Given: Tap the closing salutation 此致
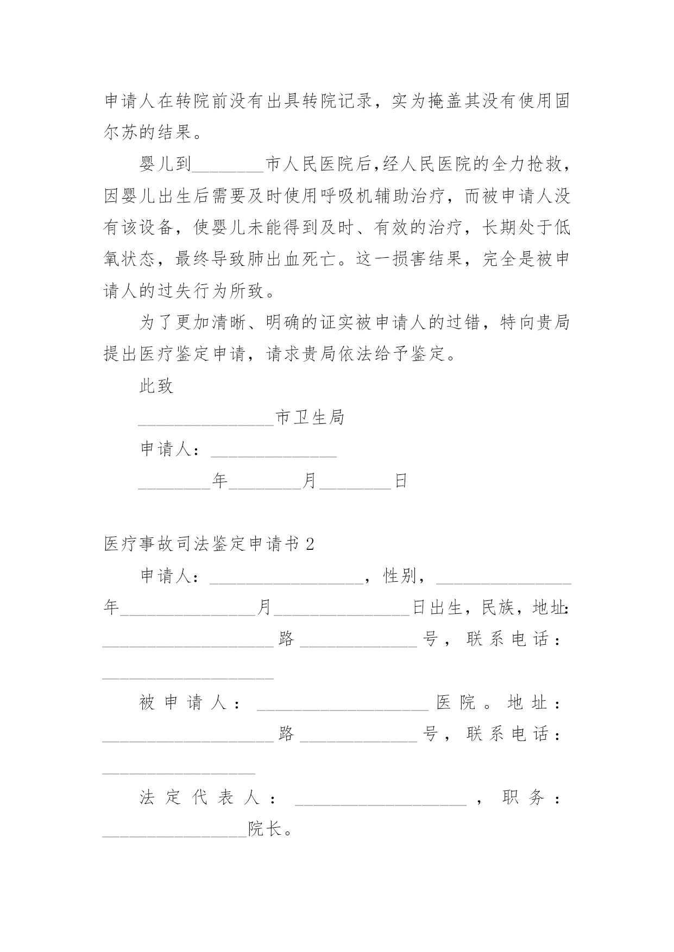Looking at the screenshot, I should tap(156, 386).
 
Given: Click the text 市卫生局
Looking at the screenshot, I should tap(310, 418).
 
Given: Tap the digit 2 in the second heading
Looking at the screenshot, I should tap(310, 544).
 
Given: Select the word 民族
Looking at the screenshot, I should tap(498, 608).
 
